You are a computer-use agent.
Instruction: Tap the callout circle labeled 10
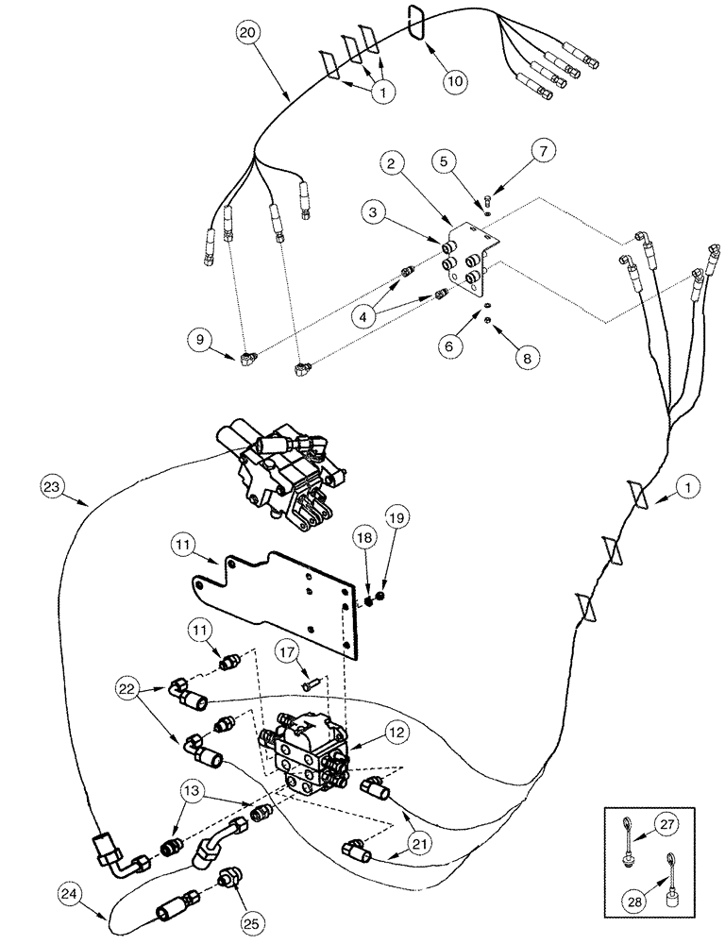click(x=455, y=80)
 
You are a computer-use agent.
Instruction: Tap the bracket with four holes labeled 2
click(x=468, y=260)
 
